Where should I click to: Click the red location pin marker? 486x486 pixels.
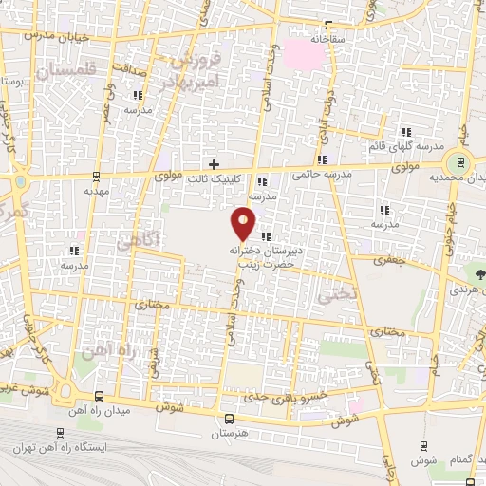244,223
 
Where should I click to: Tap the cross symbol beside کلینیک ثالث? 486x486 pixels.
215,164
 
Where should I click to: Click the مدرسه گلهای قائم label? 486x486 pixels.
409,146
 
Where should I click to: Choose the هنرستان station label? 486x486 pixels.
229,432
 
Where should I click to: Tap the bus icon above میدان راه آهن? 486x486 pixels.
101,397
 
